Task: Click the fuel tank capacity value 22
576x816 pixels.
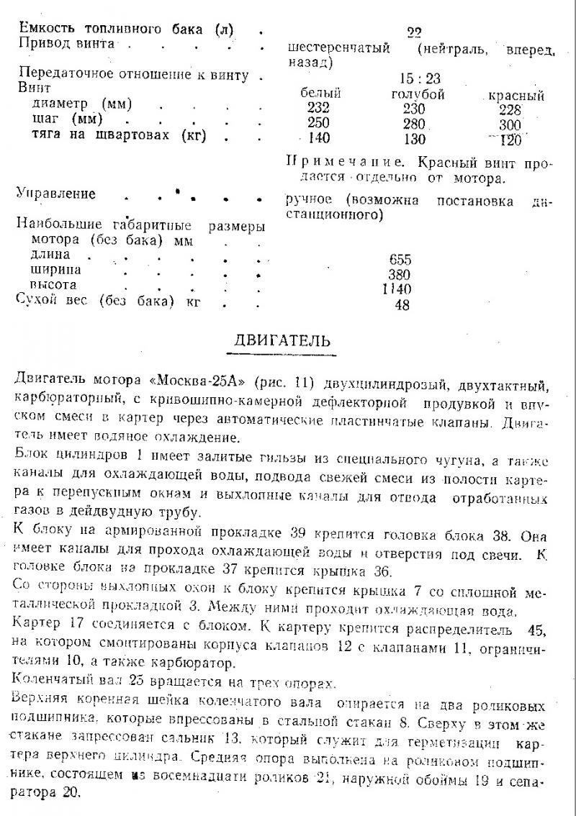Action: pos(413,32)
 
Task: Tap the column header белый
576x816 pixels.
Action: pos(320,94)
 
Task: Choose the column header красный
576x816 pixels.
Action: pos(516,96)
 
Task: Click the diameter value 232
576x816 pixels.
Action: pos(317,109)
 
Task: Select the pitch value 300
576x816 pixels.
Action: pos(513,124)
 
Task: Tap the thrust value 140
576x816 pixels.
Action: pos(317,139)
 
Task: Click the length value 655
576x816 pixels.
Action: pos(400,260)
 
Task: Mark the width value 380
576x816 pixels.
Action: pos(400,275)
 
